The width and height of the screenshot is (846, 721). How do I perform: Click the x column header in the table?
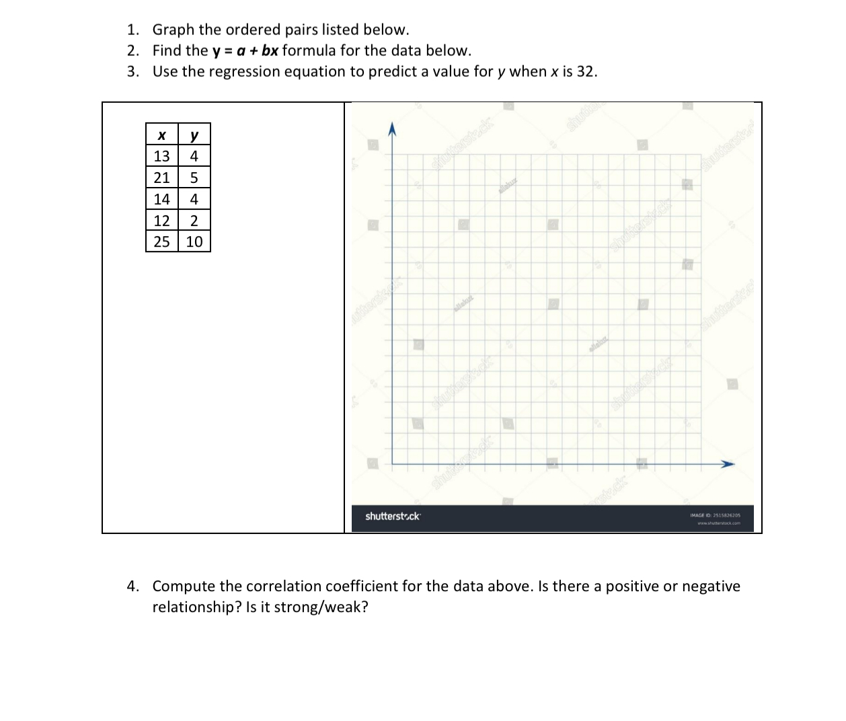click(x=161, y=135)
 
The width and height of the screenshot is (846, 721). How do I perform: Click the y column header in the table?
click(x=194, y=135)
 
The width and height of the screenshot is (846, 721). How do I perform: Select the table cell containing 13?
click(x=161, y=157)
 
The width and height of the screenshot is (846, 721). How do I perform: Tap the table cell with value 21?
click(x=161, y=178)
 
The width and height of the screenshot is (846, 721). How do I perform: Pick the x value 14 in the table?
click(x=161, y=199)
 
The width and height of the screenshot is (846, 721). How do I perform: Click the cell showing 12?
click(x=161, y=221)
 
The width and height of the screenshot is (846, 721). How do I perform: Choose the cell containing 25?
click(x=161, y=241)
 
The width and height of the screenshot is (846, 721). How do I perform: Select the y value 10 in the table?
click(x=194, y=241)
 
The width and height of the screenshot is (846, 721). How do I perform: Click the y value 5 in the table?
click(x=194, y=178)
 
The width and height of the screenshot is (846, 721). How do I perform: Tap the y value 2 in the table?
click(x=194, y=221)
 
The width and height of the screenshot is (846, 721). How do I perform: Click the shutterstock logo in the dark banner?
click(x=393, y=517)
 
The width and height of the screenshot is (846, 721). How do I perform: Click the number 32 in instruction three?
click(x=585, y=71)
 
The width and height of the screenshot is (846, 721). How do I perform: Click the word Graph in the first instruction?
click(x=174, y=30)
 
